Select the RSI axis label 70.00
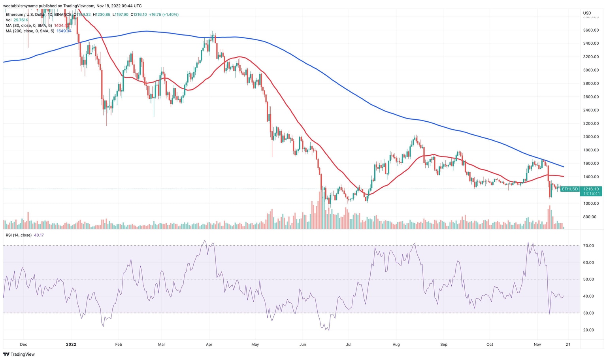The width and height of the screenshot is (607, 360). click(589, 246)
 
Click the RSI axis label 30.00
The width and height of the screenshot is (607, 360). click(589, 313)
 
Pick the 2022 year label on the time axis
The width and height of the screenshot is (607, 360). click(71, 344)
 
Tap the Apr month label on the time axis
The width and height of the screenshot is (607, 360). click(209, 344)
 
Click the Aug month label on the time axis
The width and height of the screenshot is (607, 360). click(396, 344)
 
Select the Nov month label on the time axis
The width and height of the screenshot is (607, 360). click(537, 344)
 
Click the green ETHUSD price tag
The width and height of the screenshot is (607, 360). click(570, 189)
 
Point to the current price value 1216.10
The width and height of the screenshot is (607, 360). click(591, 189)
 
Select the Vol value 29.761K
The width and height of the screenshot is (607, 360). click(21, 20)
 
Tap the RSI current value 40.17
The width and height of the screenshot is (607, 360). click(39, 235)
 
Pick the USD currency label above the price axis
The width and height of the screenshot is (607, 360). click(587, 13)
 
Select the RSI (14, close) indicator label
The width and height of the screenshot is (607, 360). click(19, 235)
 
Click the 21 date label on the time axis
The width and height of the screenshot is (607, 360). click(567, 344)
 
